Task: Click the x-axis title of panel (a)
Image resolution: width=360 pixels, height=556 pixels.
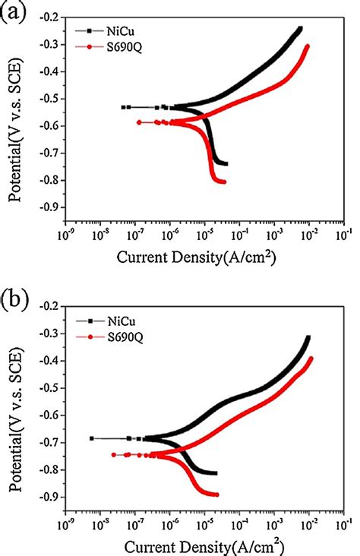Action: click(x=196, y=258)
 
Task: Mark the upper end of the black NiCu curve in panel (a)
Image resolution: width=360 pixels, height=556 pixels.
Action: click(x=299, y=29)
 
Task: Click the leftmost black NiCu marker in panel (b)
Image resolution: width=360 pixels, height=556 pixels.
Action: click(x=92, y=438)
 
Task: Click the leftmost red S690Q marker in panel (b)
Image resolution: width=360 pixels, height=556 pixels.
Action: click(x=114, y=455)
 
